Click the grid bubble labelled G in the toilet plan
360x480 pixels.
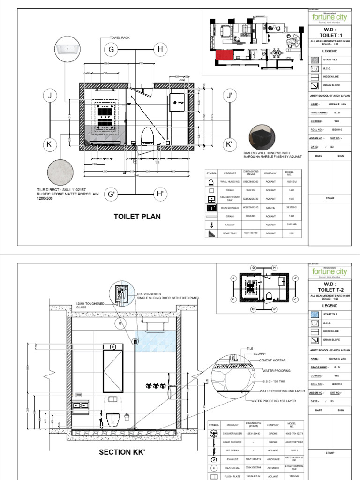coord(111,50)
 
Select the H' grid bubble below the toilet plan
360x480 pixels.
coord(160,194)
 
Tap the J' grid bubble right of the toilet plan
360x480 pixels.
coord(229,96)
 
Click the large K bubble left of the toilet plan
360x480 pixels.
coord(48,145)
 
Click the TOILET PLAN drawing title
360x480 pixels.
coord(137,216)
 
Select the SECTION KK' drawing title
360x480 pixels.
coord(121,452)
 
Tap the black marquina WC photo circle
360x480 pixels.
coord(262,138)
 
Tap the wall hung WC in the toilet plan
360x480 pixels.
coord(147,135)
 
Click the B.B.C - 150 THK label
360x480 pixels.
coord(270,380)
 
